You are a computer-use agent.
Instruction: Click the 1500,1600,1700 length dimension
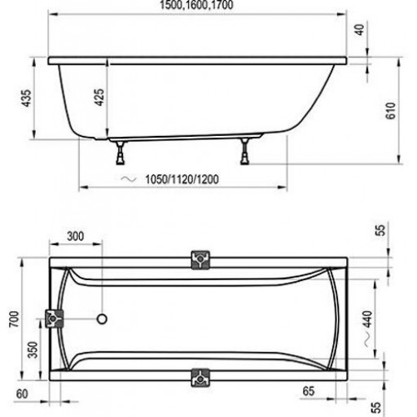196,5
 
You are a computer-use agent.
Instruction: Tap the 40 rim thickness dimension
360,29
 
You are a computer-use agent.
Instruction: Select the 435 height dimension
27,98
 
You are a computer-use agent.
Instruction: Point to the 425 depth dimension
99,97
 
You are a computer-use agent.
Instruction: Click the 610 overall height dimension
390,111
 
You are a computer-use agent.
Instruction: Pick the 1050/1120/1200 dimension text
182,179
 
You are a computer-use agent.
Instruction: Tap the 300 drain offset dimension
76,236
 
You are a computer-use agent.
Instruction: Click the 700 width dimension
14,319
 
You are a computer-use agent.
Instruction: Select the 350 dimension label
33,350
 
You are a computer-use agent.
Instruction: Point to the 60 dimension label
22,394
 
